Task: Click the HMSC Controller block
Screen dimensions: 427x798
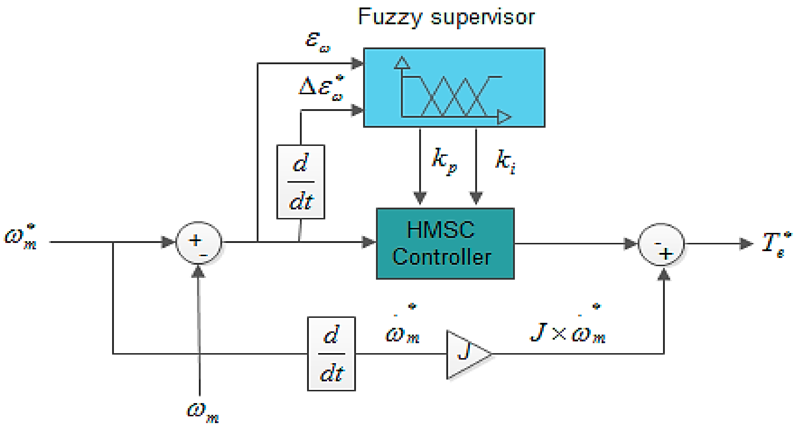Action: pos(445,243)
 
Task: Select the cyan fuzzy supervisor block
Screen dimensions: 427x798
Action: pos(454,87)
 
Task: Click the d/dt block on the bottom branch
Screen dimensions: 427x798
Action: pos(331,354)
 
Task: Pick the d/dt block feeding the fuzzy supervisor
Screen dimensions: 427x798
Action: pos(301,182)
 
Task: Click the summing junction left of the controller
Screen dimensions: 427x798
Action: pos(199,243)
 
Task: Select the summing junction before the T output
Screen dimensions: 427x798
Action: pos(661,245)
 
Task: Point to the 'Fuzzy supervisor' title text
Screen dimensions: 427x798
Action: pos(446,17)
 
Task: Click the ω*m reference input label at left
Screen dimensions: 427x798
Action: pos(21,237)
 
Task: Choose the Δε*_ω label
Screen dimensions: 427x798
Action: pos(321,88)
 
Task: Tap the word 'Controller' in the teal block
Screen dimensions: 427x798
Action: pos(442,257)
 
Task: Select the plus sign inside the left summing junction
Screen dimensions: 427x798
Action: pos(195,240)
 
